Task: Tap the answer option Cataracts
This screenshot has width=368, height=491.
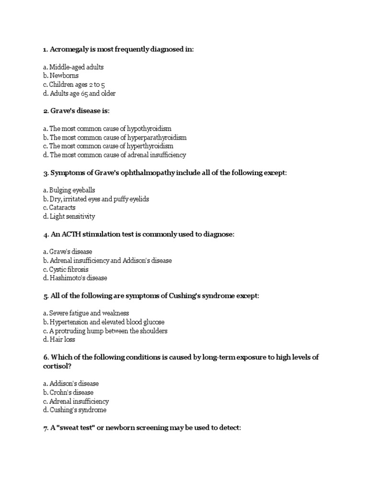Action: pos(62,208)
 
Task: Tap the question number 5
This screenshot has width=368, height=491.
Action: pos(45,296)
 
